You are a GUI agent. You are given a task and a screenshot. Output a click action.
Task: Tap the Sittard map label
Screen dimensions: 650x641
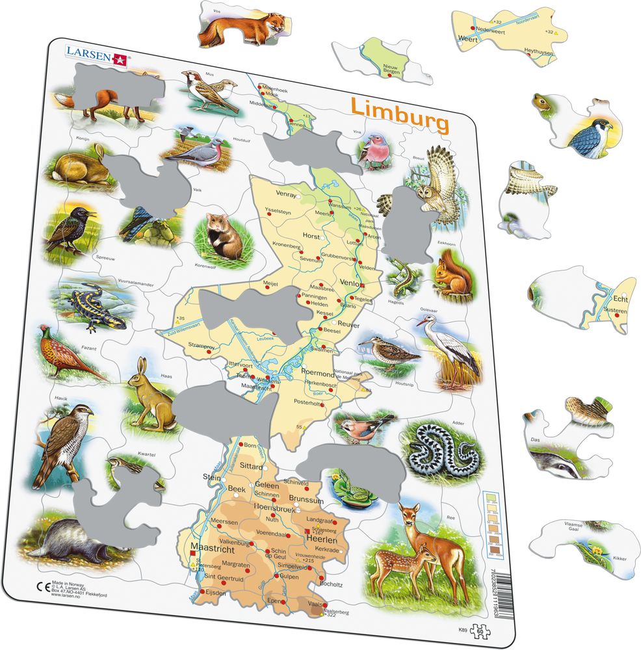coord(251,466)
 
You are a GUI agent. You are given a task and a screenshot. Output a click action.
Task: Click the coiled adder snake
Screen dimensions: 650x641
coord(445,448)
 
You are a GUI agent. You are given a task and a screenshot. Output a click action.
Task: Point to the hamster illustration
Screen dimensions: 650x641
coord(221,235)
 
